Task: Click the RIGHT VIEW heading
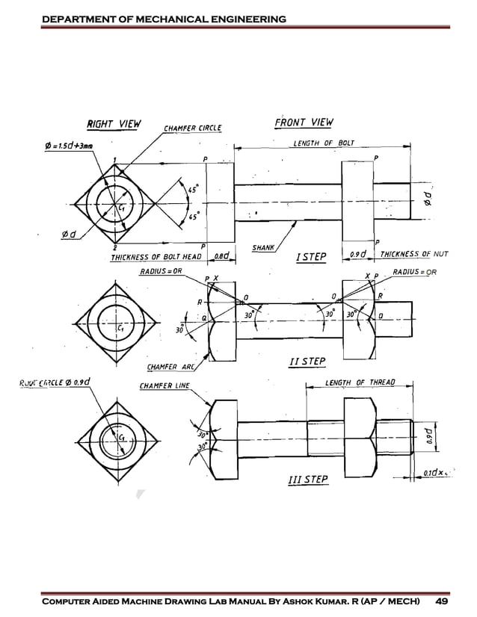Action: tap(114, 124)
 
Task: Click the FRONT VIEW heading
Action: tap(304, 123)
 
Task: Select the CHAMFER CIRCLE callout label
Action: tap(193, 128)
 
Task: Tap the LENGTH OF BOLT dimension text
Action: tap(323, 143)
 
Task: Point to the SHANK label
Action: tap(264, 247)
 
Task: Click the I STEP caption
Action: tap(311, 257)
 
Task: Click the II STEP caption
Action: tap(307, 362)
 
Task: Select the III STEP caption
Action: tap(307, 479)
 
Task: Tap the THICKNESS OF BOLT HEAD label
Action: tap(157, 257)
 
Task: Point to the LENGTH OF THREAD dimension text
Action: tap(360, 383)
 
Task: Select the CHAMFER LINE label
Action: tap(164, 386)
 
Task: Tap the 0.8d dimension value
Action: tap(221, 256)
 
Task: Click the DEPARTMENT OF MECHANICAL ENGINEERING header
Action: tap(164, 18)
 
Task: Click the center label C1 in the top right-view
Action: tap(120, 208)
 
